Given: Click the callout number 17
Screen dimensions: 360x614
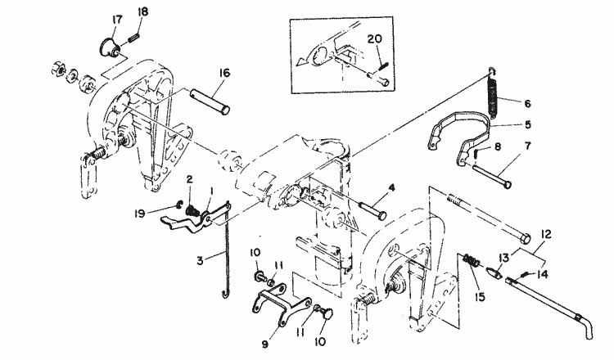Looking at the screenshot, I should (117, 19).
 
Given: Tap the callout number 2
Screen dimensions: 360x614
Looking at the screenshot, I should (189, 178).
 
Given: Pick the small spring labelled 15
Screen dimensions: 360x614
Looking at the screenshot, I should (472, 261).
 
